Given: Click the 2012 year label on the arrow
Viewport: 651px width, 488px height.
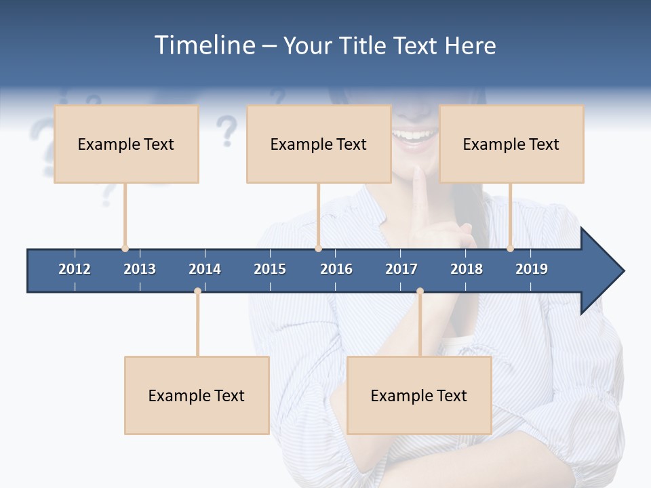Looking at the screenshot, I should [75, 269].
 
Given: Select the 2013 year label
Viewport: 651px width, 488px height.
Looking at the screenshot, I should [140, 269].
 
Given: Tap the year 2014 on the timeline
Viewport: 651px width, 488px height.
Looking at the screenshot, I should [205, 269].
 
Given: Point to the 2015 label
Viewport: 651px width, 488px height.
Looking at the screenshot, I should [270, 269].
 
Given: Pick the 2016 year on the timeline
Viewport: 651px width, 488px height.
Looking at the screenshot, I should [336, 269].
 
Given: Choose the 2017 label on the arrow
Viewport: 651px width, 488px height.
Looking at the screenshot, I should [401, 269].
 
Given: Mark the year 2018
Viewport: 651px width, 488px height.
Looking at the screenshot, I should [467, 269].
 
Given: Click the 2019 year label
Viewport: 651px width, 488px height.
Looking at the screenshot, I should [532, 269].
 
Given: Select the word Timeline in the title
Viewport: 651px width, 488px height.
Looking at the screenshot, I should [203, 45].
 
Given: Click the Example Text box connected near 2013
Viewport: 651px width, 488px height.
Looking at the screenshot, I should [126, 144].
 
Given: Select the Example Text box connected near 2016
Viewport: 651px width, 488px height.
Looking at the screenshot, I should [319, 144].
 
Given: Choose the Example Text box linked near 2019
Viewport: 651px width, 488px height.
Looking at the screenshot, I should [511, 144].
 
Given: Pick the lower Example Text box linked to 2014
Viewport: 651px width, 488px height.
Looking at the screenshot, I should [197, 395].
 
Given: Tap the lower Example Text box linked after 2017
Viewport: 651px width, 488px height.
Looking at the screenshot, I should [419, 395].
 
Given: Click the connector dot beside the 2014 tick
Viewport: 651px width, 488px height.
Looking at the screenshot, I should [197, 291].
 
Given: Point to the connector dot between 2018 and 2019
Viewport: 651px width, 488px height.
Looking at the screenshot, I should [510, 249].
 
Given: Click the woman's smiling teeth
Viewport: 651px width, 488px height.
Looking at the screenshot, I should [415, 135].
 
